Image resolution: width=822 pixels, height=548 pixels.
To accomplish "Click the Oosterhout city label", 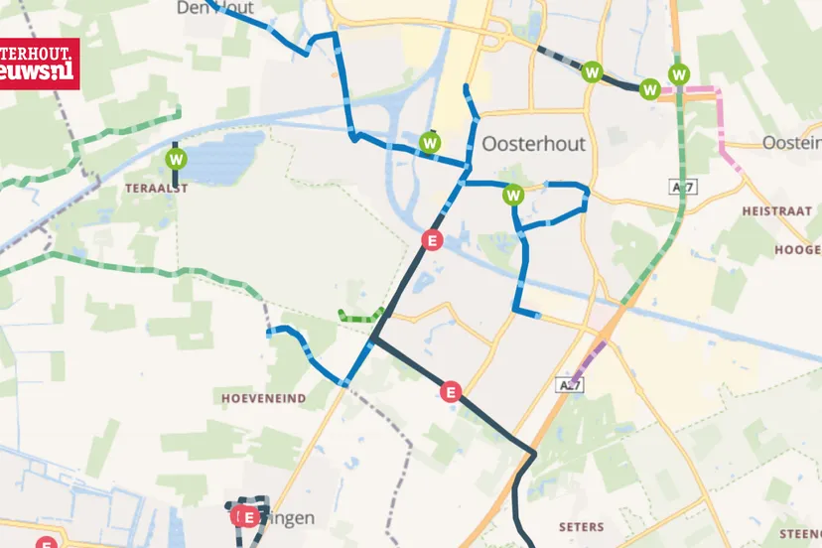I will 533,144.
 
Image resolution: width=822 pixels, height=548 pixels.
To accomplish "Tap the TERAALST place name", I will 157,187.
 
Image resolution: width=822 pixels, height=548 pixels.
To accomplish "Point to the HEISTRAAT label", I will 777,211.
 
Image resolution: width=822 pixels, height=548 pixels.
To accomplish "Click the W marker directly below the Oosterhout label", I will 513,194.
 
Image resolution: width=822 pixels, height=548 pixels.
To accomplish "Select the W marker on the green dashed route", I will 679,73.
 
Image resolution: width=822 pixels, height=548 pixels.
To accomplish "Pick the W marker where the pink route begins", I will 650,88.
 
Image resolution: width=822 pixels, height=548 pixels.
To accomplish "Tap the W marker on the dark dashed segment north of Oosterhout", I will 593,71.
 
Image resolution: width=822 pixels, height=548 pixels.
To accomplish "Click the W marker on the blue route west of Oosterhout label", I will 430,143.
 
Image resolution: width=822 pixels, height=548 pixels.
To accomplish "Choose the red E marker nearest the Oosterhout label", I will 431,239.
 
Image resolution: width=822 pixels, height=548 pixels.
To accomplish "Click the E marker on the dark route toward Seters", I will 452,391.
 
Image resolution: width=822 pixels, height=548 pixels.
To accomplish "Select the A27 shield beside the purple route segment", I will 569,384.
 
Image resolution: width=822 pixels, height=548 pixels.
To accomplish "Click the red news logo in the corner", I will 40,65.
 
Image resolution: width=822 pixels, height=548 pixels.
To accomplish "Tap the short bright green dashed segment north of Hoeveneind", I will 359,317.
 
